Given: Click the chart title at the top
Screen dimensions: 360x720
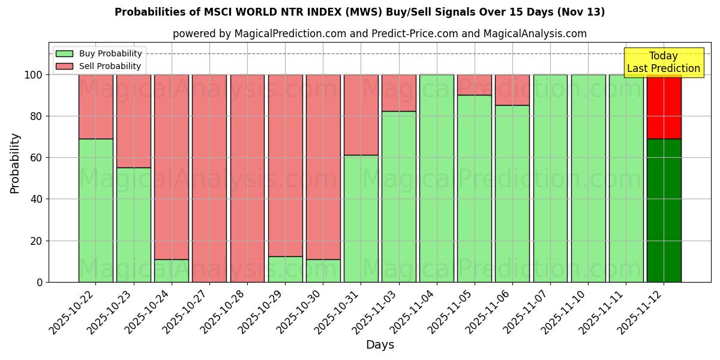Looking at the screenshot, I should [359, 12].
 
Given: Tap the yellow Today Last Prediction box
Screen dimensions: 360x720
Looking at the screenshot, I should [663, 62].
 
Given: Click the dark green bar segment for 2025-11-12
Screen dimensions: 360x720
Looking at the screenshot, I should [664, 210].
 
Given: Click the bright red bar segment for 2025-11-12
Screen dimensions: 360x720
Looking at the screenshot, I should [664, 106].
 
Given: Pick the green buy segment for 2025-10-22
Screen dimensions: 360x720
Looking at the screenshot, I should [96, 210].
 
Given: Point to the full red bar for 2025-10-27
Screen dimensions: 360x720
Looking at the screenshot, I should [209, 178].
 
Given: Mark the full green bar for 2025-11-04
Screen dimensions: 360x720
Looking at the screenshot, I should [436, 178].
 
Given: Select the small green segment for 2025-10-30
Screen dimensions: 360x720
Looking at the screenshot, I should [323, 271].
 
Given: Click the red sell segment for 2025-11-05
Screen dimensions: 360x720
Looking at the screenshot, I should [474, 85].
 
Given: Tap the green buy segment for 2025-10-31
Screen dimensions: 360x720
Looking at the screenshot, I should [361, 218].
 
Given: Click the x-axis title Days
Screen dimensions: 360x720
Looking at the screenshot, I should [380, 345].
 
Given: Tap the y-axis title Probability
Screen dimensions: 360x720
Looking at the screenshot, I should [15, 163].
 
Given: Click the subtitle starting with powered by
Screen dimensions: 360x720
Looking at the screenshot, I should [379, 34].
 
